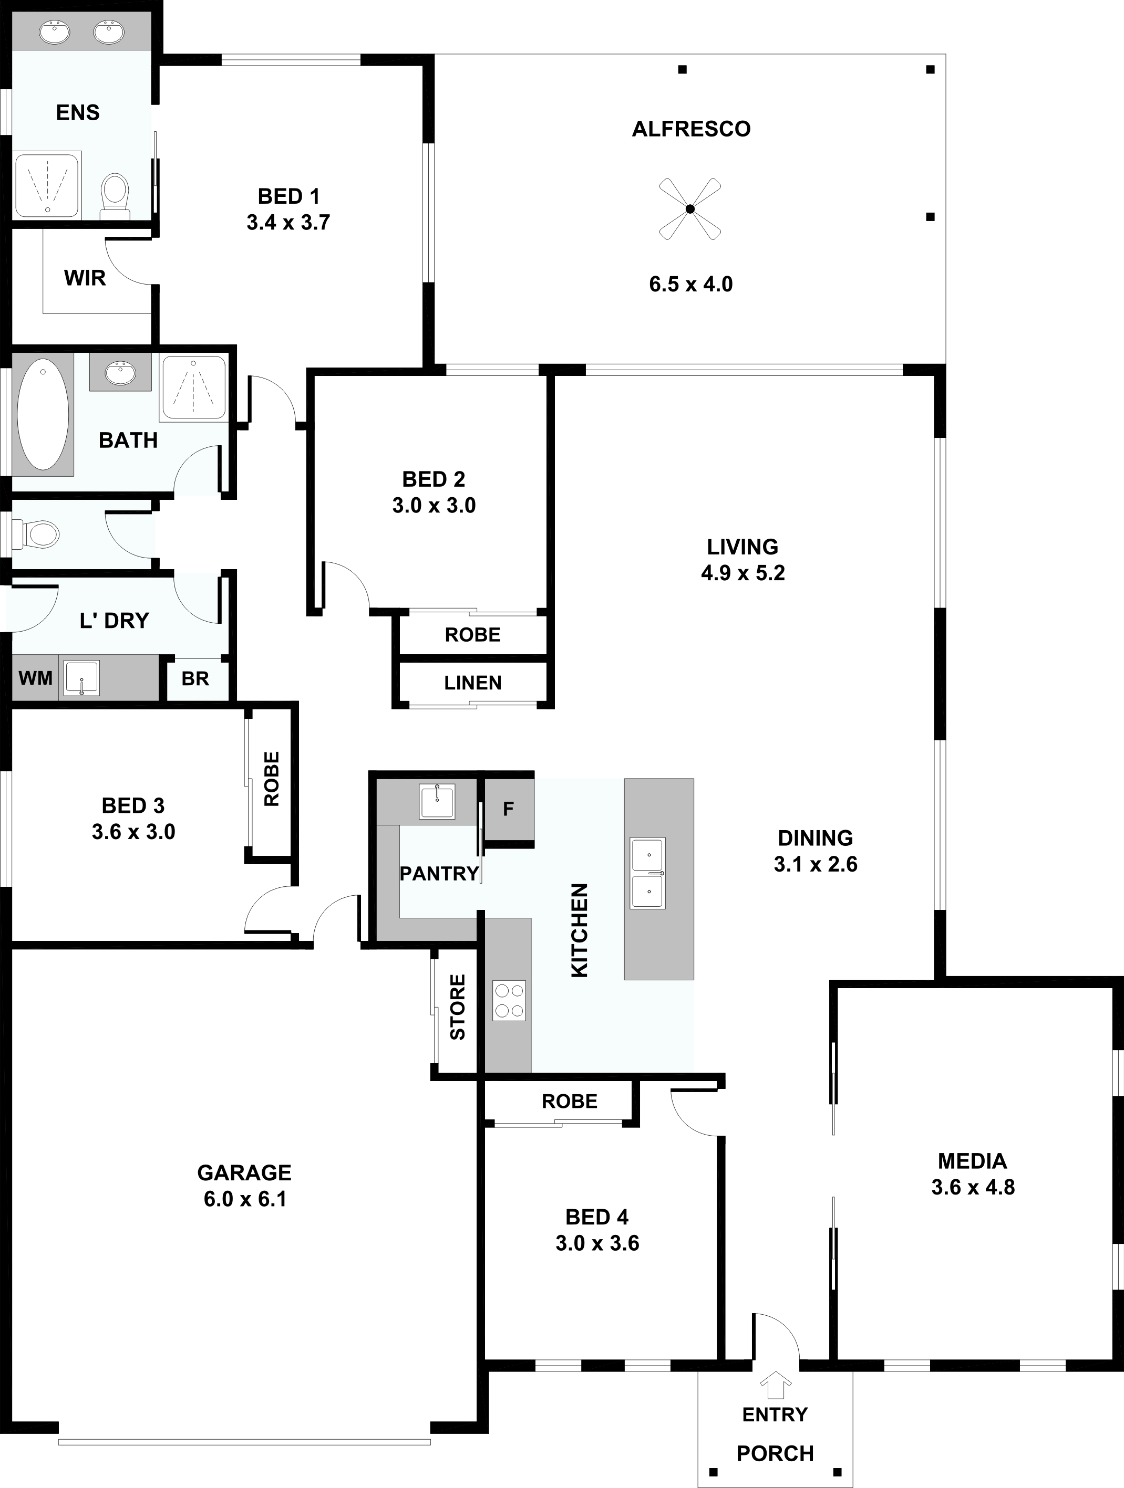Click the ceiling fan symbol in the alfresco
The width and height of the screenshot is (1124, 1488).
pyautogui.click(x=690, y=208)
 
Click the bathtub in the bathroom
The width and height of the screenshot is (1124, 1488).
pyautogui.click(x=43, y=414)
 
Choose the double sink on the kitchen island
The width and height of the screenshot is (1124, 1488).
pyautogui.click(x=648, y=873)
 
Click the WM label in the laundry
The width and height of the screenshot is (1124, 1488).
pyautogui.click(x=36, y=678)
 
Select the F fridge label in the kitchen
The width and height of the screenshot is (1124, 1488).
pyautogui.click(x=509, y=809)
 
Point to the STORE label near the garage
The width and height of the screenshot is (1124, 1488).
pyautogui.click(x=458, y=1007)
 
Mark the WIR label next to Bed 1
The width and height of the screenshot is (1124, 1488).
pyautogui.click(x=85, y=278)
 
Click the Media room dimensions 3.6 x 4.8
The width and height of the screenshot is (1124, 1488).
pyautogui.click(x=973, y=1187)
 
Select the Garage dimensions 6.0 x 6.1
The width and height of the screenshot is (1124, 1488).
pyautogui.click(x=245, y=1199)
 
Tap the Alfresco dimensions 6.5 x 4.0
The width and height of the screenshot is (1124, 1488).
pyautogui.click(x=690, y=284)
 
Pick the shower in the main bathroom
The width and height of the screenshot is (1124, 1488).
pyautogui.click(x=194, y=387)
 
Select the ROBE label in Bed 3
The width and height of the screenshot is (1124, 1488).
pyautogui.click(x=271, y=779)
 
